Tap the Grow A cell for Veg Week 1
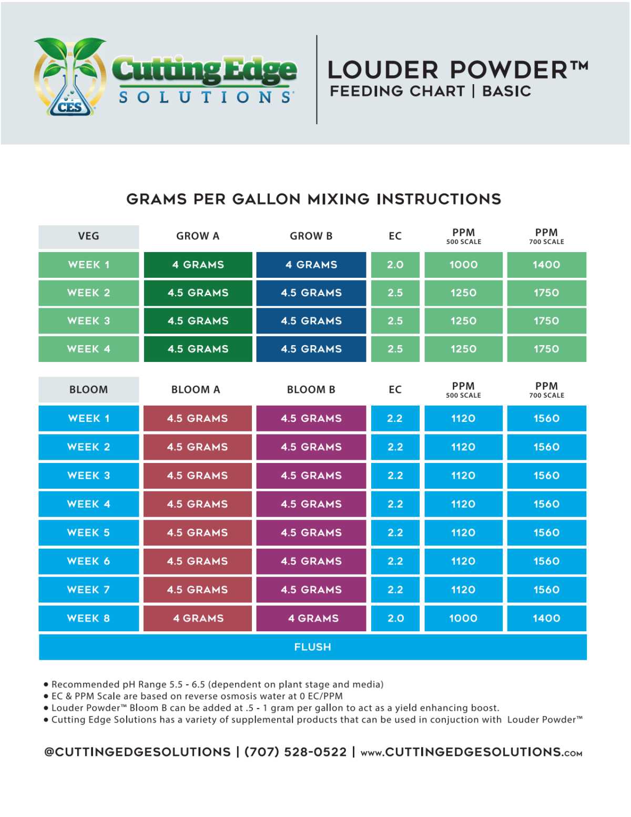tap(198, 265)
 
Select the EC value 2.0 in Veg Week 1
tap(395, 265)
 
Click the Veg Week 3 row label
tap(88, 321)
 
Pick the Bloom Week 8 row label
tap(88, 618)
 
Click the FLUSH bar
tap(312, 647)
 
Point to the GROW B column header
tap(311, 236)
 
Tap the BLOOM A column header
tap(196, 390)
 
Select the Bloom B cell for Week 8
tap(311, 618)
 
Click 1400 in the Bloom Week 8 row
tap(546, 618)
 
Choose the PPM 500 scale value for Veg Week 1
tap(463, 265)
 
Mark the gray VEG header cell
tap(88, 236)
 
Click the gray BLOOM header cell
tap(88, 390)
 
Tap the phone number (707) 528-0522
tap(296, 752)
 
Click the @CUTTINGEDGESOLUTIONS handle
tap(137, 752)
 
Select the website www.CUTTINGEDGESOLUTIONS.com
tap(471, 752)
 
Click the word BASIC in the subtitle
tap(506, 92)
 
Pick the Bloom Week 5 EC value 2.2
tap(395, 532)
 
